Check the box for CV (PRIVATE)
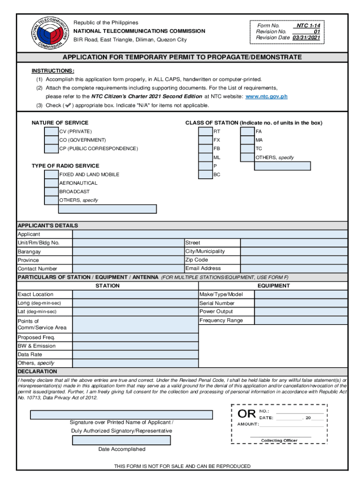click(51, 131)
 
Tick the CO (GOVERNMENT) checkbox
click(51, 140)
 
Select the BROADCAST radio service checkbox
click(51, 191)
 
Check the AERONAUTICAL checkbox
click(51, 183)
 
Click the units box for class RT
click(205, 131)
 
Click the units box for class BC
click(205, 174)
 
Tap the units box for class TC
click(247, 149)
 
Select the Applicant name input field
click(209, 234)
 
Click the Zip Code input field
click(294, 260)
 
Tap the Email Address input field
click(294, 269)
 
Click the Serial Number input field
click(301, 303)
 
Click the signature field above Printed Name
click(122, 414)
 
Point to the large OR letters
click(246, 414)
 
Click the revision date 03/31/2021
click(307, 37)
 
